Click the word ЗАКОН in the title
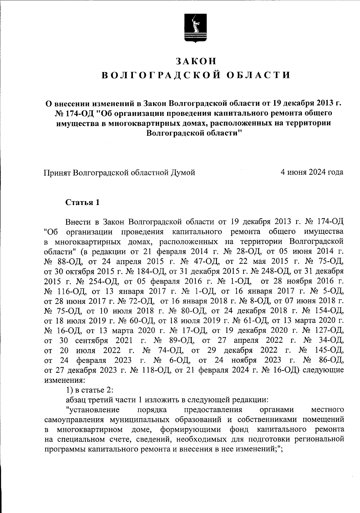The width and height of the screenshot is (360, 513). pos(196,61)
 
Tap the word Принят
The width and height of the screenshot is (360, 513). pos(57,172)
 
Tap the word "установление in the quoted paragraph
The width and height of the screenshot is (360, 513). pos(93,410)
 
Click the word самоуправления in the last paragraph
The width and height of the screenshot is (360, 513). pos(75,420)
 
